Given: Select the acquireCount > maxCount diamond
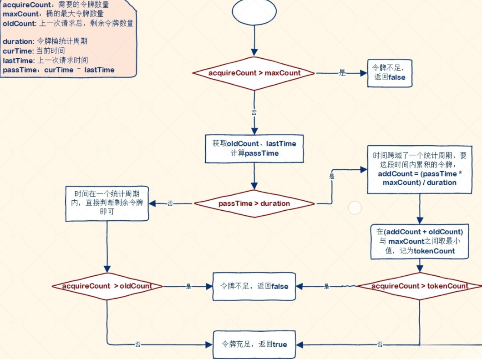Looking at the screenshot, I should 254,73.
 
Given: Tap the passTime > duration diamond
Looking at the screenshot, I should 254,203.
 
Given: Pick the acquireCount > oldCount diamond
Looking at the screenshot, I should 107,286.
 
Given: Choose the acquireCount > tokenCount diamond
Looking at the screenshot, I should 420,286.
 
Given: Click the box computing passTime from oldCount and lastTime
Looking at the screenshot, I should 254,148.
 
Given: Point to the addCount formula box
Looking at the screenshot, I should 419,169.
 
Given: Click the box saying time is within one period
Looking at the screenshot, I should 107,203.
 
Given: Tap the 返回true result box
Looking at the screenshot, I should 254,344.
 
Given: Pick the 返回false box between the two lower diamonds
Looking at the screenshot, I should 254,286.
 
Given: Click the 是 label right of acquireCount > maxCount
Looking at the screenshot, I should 342,73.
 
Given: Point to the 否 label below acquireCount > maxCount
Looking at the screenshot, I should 254,112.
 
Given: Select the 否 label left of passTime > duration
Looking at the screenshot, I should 170,203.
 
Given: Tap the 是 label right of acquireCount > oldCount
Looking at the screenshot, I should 188,286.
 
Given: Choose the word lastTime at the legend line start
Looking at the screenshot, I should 17,60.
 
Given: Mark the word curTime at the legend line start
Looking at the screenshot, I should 16,51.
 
